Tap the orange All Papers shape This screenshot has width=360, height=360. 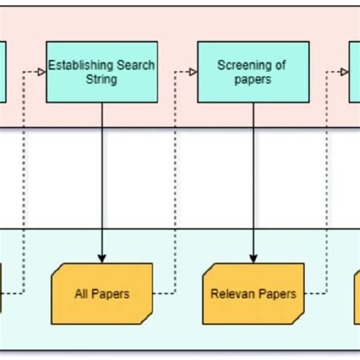click(102, 293)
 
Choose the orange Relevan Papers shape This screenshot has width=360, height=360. click(253, 293)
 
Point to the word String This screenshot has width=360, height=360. click(102, 79)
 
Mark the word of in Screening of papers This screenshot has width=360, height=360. click(279, 65)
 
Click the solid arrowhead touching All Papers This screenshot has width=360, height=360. click(102, 258)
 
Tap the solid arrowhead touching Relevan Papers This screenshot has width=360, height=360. click(253, 258)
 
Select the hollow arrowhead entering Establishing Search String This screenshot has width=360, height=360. click(41, 72)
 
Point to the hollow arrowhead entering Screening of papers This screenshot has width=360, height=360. click(192, 72)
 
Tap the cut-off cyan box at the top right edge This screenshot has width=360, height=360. click(355, 72)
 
